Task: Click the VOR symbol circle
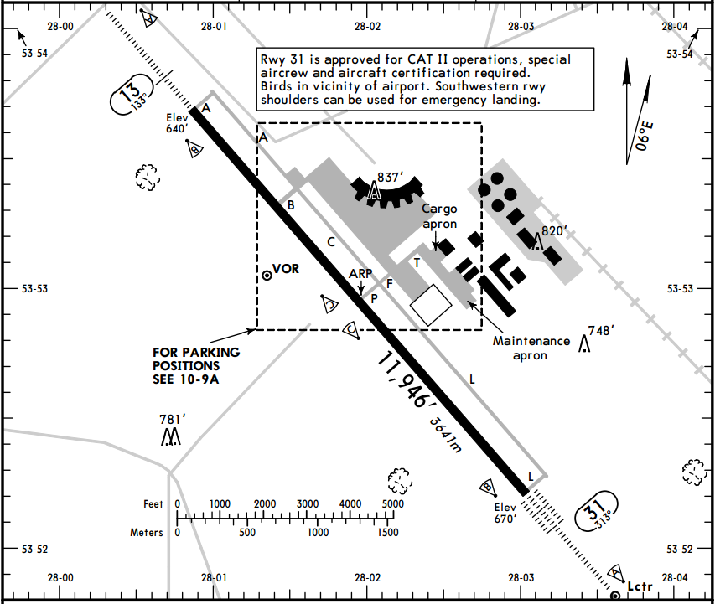tap(267, 274)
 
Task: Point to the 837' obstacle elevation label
tap(391, 177)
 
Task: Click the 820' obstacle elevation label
tap(555, 231)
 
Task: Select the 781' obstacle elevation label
tap(172, 419)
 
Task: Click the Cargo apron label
tap(439, 216)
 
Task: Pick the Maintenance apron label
tap(531, 348)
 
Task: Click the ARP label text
tap(360, 274)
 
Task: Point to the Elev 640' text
tap(179, 124)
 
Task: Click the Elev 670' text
tap(505, 513)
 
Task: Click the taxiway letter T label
tap(417, 262)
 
